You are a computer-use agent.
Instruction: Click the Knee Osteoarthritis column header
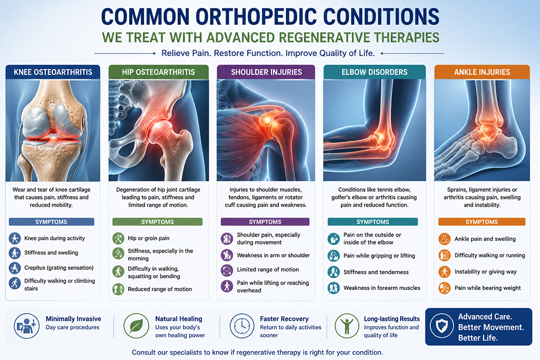(x=53, y=72)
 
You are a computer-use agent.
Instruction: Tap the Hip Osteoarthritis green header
(x=158, y=72)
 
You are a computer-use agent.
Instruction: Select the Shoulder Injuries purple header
(x=266, y=72)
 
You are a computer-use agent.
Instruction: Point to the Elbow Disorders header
(x=374, y=72)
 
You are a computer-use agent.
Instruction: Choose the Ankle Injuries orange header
(x=482, y=72)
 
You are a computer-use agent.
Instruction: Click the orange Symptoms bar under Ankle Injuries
(x=481, y=222)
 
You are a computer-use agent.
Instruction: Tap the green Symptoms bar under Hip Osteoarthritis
(x=157, y=222)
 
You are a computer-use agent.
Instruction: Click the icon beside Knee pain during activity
(x=15, y=238)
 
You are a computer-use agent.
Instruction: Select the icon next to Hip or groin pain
(x=118, y=238)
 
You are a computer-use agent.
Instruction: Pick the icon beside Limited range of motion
(x=227, y=269)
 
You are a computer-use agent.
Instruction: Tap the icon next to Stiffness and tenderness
(x=334, y=272)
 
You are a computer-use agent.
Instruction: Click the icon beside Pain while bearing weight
(x=445, y=288)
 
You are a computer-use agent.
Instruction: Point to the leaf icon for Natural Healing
(x=137, y=326)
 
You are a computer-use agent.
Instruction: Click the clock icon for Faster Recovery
(x=242, y=326)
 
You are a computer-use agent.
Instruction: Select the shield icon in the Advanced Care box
(x=442, y=326)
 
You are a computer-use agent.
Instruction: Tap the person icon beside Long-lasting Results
(x=347, y=326)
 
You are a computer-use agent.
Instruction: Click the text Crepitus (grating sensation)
(x=59, y=268)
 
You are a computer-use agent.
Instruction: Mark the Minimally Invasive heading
(x=73, y=319)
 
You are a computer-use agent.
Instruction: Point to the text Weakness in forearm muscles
(x=382, y=288)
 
